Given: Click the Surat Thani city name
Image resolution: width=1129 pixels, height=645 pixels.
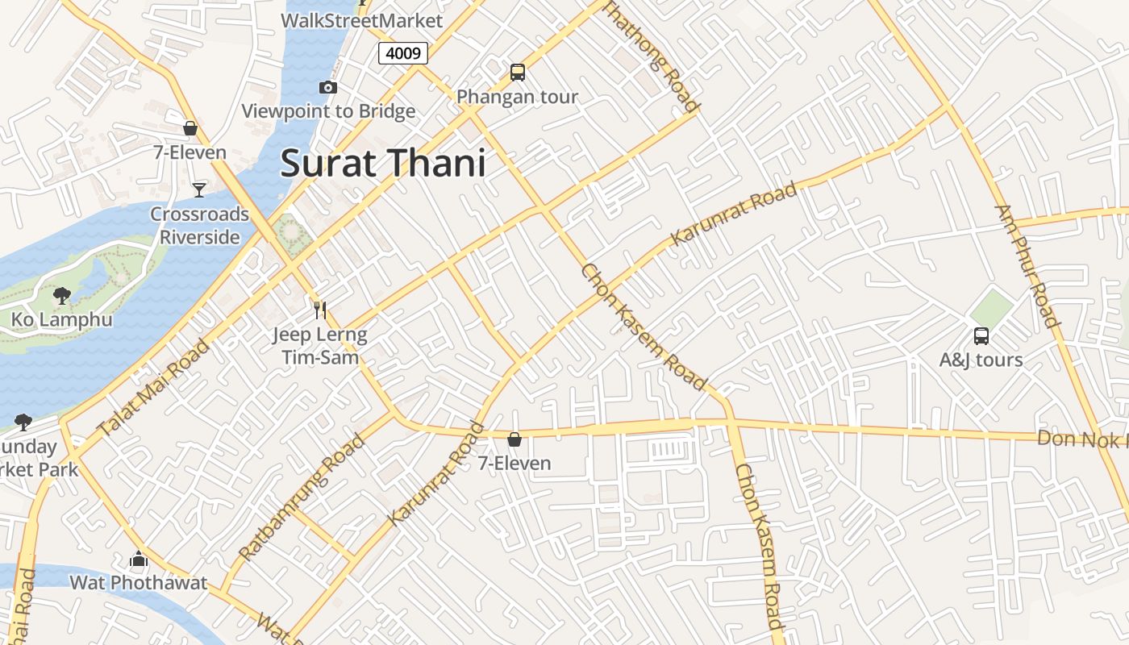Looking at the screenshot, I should [x=383, y=164].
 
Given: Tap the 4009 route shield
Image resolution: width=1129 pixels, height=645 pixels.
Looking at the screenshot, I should [x=402, y=53].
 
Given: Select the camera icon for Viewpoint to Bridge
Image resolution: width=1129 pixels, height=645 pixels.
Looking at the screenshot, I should [x=328, y=87].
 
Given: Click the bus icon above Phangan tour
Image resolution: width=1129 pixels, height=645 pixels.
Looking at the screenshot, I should [x=518, y=73].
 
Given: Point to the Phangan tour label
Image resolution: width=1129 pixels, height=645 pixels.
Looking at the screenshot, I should [x=518, y=98].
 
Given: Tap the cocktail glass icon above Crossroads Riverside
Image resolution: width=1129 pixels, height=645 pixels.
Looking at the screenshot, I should [x=199, y=189].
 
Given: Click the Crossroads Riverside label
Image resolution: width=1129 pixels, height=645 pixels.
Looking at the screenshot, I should [x=200, y=226].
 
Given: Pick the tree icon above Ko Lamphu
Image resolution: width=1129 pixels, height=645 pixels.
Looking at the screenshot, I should [x=62, y=296].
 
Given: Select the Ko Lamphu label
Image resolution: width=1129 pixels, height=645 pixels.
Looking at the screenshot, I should [x=62, y=320].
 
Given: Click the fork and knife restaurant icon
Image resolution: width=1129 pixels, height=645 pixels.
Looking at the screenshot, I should [x=320, y=310].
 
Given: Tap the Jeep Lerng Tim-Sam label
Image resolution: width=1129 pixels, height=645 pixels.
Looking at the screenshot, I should [x=319, y=345].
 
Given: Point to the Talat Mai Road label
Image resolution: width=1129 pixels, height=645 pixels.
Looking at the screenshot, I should [x=153, y=387].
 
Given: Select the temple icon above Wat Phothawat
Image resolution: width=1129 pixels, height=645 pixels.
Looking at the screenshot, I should [x=139, y=559].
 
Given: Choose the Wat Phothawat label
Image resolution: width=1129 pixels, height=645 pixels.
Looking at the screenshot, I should [x=139, y=582].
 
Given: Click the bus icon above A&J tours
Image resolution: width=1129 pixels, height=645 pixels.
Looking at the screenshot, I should [x=981, y=335].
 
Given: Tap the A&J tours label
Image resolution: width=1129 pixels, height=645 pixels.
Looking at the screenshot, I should [x=981, y=360].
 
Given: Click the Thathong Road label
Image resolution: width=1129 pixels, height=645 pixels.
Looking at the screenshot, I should [x=651, y=55].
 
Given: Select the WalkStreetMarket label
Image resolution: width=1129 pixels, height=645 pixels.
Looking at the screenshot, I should [x=362, y=20].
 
